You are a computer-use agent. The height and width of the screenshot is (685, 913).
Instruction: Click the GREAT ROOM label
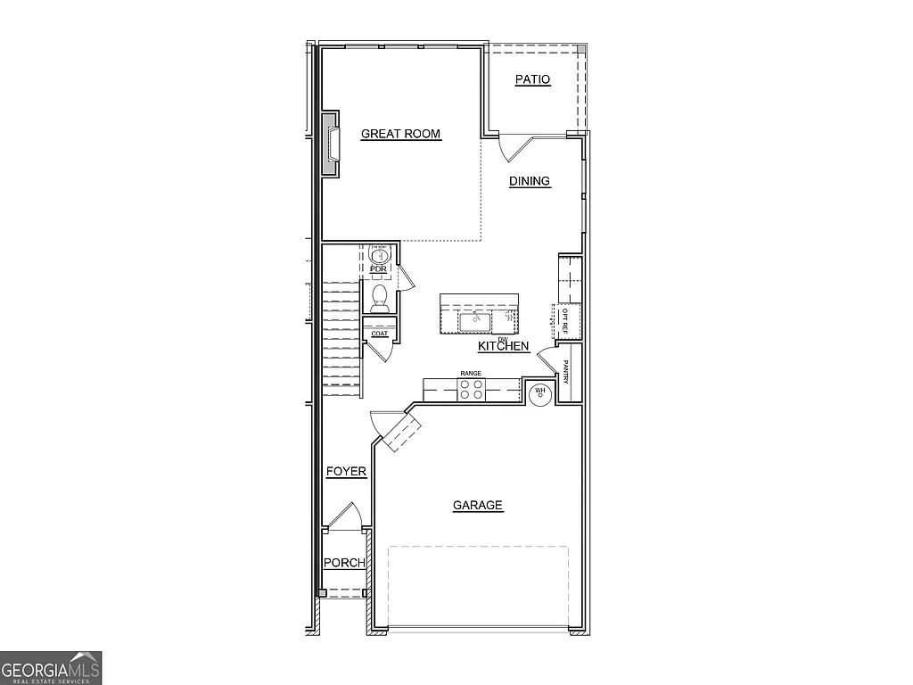coord(400,135)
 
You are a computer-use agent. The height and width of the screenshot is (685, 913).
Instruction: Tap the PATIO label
coord(532,80)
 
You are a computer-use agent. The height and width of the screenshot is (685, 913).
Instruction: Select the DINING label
coord(530,182)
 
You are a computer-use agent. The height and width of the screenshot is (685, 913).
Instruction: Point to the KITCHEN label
coord(504,346)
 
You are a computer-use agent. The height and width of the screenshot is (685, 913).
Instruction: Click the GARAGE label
coord(478,506)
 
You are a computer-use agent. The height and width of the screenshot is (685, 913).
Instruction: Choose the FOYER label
coord(346,472)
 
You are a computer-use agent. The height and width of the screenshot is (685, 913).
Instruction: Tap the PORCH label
coord(343,563)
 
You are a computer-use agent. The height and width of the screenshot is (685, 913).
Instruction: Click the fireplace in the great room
coord(332,144)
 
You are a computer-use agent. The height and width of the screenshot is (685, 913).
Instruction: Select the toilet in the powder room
coord(379,296)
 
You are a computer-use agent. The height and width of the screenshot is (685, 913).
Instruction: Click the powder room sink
coord(378,256)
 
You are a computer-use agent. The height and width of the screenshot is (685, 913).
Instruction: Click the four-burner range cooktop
coord(472,389)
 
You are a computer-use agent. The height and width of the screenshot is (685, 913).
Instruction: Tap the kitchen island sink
coord(473,318)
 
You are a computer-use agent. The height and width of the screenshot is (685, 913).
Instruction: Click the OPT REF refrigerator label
coord(565,318)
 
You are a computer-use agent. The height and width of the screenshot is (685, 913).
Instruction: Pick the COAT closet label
coord(380,334)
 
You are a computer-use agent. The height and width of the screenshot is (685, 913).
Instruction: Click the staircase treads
coord(340,339)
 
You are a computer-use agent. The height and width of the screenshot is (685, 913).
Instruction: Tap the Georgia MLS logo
coord(51,668)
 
